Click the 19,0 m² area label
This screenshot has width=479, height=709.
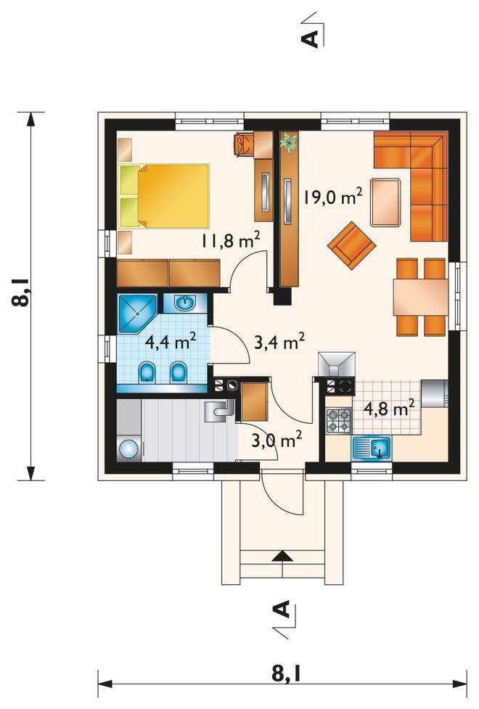[332, 197]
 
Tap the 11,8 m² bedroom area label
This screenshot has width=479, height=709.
[231, 240]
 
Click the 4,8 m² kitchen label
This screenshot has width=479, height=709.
[389, 409]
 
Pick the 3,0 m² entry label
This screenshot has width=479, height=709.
[277, 440]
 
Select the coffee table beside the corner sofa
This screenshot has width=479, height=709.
[385, 202]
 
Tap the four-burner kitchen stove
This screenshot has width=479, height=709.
[339, 420]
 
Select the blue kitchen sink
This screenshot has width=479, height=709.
[372, 448]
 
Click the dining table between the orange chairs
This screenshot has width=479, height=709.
[421, 297]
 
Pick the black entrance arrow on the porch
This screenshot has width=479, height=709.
[283, 556]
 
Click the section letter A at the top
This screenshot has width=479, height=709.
[311, 38]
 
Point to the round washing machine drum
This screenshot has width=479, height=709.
[129, 449]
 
